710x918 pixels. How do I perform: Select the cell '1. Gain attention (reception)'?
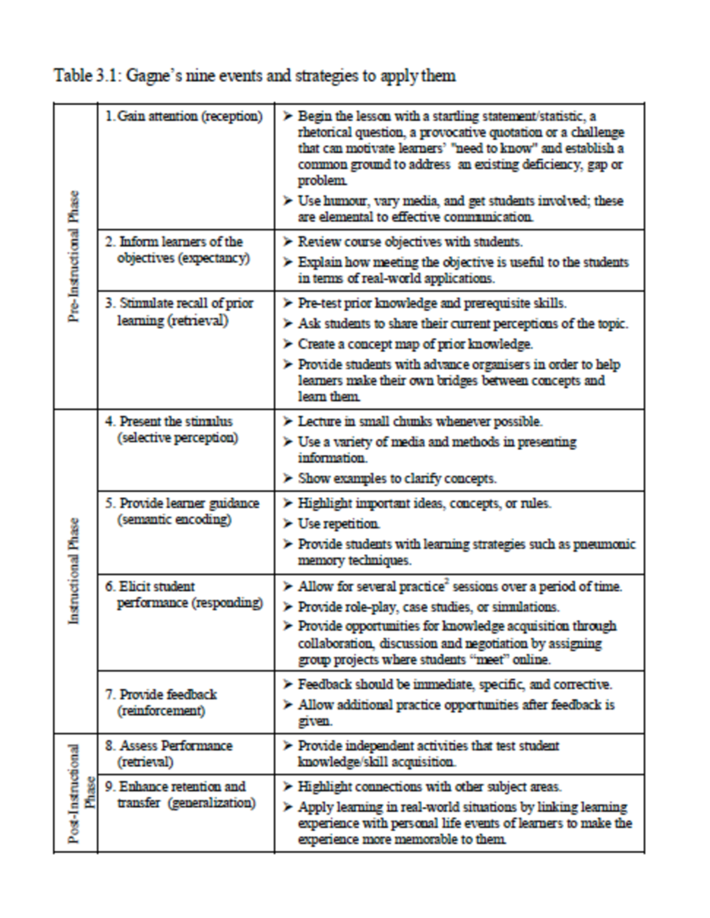184,116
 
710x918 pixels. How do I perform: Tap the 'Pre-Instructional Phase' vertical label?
75,256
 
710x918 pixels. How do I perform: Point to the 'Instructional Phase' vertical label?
75,570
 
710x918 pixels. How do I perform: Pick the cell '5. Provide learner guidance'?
183,511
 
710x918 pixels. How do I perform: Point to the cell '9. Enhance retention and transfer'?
181,794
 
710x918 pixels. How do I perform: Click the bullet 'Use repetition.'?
338,524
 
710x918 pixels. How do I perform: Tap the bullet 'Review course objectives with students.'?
409,242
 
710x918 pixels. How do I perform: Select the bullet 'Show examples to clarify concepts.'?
396,478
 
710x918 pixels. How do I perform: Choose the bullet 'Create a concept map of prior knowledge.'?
415,344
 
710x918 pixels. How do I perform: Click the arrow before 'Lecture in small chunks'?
288,421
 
